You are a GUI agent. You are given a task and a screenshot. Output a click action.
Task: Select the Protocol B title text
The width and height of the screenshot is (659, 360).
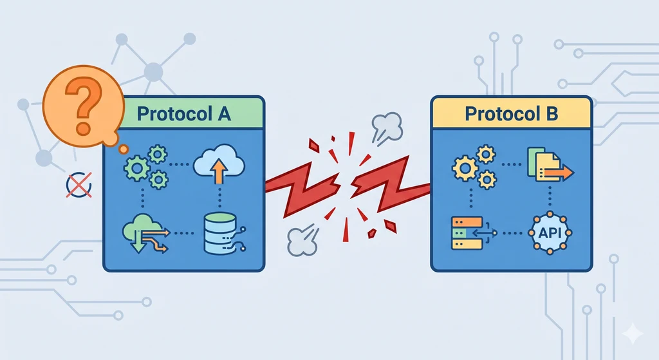pos(512,114)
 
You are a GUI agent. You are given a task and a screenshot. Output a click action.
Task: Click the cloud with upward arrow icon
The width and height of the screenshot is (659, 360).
pos(219,166)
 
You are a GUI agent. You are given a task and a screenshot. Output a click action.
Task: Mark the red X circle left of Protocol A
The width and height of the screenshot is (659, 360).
pos(79,185)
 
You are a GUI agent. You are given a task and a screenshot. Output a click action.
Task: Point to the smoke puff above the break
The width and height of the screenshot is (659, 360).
pos(385,126)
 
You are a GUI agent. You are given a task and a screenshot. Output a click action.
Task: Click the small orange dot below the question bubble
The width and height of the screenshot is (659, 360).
pos(124,149)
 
